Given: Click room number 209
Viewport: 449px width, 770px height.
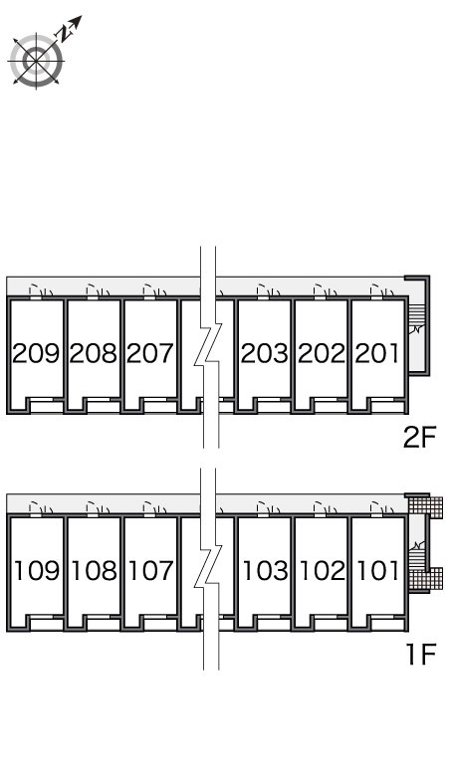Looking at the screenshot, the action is (x=36, y=353).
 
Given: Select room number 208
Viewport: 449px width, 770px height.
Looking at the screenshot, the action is (x=94, y=353).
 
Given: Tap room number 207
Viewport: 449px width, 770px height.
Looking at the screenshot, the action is (x=150, y=353).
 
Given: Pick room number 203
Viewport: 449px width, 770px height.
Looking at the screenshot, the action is (x=264, y=353).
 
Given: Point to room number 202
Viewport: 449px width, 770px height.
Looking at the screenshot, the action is (x=322, y=353).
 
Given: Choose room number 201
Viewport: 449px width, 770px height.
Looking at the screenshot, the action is (x=377, y=353).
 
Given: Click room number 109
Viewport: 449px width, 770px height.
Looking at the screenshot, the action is (x=37, y=571).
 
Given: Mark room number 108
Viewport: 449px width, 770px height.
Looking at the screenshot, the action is (x=95, y=571).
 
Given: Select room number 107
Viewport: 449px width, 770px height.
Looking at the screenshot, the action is (x=151, y=571).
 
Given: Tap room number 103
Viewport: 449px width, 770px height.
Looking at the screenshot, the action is (x=265, y=571).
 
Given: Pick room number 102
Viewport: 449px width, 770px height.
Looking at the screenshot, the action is (x=323, y=571).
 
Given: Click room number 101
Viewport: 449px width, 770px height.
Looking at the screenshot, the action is (x=377, y=571).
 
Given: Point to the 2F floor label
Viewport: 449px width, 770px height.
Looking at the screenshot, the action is (x=419, y=438).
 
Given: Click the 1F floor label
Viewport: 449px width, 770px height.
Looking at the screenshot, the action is (x=421, y=655).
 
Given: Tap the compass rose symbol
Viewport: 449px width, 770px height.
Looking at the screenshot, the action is (x=36, y=62).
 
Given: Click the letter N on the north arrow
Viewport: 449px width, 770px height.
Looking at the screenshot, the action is (x=65, y=33).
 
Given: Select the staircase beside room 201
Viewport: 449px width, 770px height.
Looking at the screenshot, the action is (x=416, y=319).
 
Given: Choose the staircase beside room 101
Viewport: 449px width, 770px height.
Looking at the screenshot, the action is (x=416, y=554).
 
